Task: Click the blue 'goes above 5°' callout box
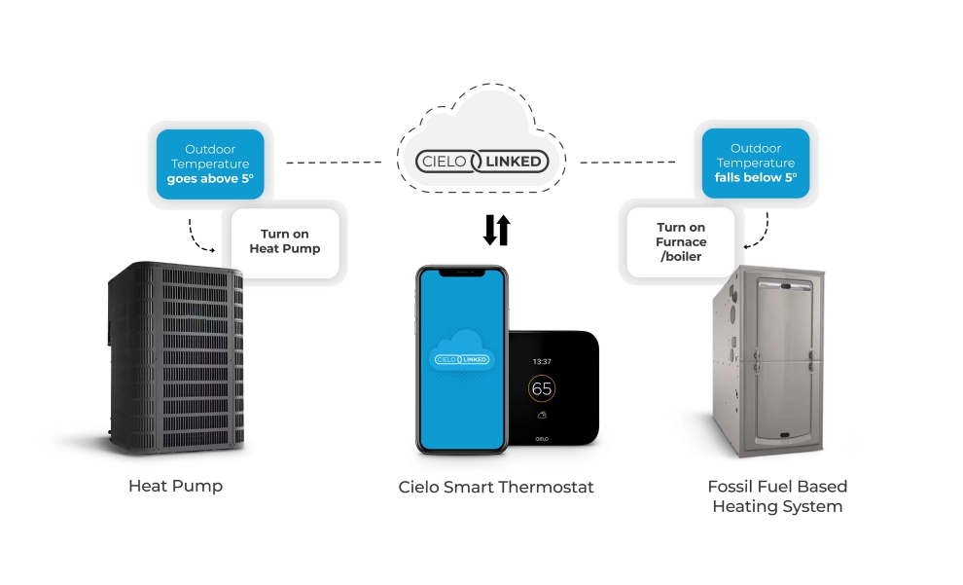[209, 165]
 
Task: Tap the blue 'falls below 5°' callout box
[756, 164]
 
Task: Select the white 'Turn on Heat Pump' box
[285, 241]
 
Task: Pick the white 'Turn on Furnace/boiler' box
[681, 241]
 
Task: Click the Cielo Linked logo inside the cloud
[481, 161]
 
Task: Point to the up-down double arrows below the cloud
[496, 230]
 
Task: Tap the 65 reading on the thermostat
[542, 388]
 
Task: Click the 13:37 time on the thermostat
[542, 361]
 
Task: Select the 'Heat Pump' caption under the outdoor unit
[175, 486]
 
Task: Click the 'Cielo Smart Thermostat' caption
[496, 487]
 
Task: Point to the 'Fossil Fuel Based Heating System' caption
[777, 495]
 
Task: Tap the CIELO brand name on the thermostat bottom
[541, 437]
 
